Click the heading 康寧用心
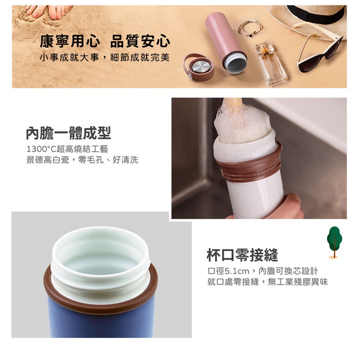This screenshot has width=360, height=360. tap(70, 41)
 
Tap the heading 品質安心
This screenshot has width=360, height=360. tap(140, 41)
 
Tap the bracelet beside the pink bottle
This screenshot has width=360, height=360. tap(250, 28)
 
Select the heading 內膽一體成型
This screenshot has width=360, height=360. tap(68, 133)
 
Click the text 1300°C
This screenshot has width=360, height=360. tap(41, 149)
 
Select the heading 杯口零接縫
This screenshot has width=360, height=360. tap(242, 255)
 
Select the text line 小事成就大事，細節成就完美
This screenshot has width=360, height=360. tap(105, 57)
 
